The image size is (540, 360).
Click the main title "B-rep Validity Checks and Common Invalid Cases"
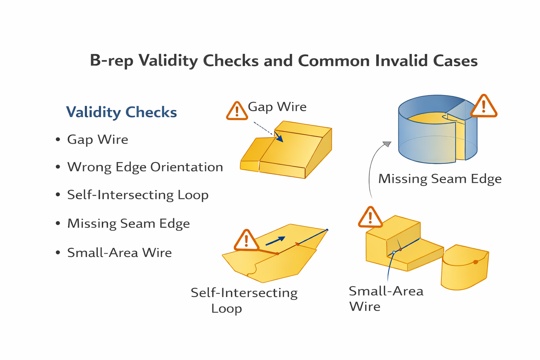tap(284, 60)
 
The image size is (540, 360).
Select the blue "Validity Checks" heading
tap(121, 112)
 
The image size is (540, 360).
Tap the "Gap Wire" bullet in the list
tap(97, 140)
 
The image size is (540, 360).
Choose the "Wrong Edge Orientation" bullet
tap(145, 167)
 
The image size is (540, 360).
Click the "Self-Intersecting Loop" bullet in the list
tap(138, 195)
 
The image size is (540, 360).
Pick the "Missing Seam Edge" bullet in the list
tap(128, 224)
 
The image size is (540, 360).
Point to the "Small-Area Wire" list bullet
tap(119, 253)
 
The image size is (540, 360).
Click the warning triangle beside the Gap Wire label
tap(237, 111)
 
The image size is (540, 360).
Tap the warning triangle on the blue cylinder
tap(483, 106)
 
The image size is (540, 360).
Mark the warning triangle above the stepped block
tap(370, 218)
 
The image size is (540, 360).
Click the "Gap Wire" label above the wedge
tap(277, 107)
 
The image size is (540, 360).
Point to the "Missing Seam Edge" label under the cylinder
tap(440, 179)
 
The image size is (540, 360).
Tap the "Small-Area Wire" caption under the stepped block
tap(386, 298)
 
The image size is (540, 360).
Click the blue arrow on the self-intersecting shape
tap(275, 241)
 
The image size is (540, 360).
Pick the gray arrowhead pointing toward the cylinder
tap(387, 144)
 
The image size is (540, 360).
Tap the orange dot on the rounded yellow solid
tap(476, 262)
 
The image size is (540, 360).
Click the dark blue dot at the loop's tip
tap(327, 230)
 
